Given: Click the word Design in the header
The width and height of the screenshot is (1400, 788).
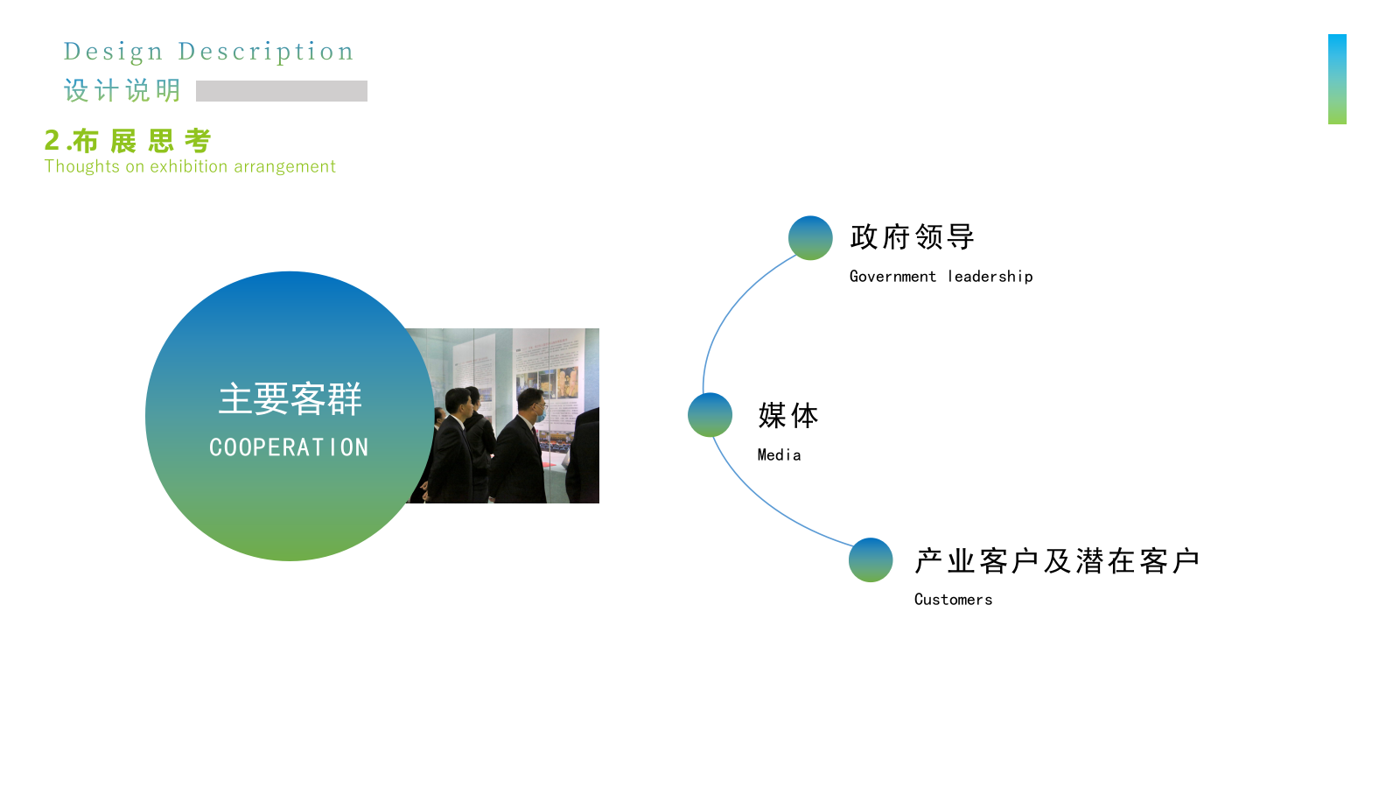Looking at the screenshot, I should pyautogui.click(x=113, y=52).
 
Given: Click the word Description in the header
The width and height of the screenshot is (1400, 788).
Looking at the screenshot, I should pyautogui.click(x=266, y=52).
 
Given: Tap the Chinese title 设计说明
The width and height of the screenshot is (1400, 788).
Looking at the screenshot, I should pyautogui.click(x=122, y=90).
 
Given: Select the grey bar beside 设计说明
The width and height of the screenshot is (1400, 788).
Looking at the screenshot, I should pyautogui.click(x=282, y=91).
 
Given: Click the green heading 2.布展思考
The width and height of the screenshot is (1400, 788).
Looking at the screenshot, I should pyautogui.click(x=129, y=141).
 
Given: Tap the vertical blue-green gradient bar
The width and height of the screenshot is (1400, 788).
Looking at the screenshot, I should pyautogui.click(x=1337, y=79).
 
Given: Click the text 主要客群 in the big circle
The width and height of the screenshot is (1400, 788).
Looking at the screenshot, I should pyautogui.click(x=290, y=399).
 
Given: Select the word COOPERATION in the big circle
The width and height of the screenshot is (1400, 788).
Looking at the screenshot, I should pyautogui.click(x=289, y=447).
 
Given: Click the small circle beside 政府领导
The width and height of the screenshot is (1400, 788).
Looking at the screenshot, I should pyautogui.click(x=810, y=238).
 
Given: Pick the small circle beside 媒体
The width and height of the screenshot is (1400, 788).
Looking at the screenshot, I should pyautogui.click(x=710, y=415).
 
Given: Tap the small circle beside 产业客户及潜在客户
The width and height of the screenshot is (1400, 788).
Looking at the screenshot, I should pyautogui.click(x=871, y=560).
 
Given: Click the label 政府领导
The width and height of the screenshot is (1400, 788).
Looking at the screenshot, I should pyautogui.click(x=912, y=237).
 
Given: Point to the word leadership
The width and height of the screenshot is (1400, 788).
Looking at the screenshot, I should pyautogui.click(x=990, y=277).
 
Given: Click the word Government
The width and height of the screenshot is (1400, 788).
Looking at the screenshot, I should pyautogui.click(x=892, y=277).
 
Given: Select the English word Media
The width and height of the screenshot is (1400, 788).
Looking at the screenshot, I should pyautogui.click(x=779, y=455).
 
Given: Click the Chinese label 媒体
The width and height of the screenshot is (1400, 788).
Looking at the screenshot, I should pyautogui.click(x=788, y=416).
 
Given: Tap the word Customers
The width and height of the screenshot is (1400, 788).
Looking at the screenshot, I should pyautogui.click(x=953, y=600).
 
